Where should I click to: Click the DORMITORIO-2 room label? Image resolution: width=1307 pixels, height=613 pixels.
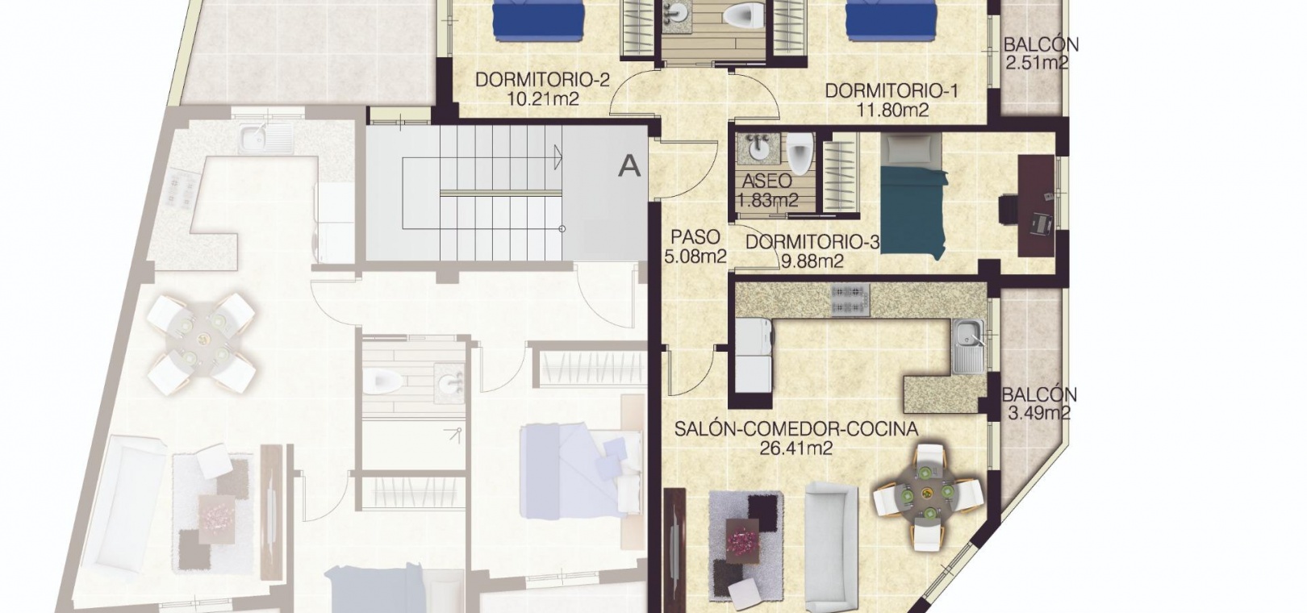(x=542, y=80)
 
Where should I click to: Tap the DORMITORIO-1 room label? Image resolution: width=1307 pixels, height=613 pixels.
(x=892, y=90)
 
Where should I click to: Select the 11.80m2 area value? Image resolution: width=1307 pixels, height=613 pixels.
(x=893, y=110)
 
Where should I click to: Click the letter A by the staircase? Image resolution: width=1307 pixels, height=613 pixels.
(x=629, y=167)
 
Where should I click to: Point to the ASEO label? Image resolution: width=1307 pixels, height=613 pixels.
(x=766, y=182)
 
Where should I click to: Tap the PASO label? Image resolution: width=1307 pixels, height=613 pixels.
(x=695, y=237)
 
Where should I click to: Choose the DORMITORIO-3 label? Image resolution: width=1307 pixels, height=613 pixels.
(x=812, y=242)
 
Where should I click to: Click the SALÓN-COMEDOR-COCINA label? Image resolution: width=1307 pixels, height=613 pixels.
(x=796, y=429)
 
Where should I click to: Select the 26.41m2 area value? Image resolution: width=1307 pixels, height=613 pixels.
(x=796, y=448)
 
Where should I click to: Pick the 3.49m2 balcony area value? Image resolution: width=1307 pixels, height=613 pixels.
(x=1039, y=414)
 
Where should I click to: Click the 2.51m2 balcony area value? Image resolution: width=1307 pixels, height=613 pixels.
(x=1038, y=62)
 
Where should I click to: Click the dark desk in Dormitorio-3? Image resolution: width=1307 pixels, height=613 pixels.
(x=1036, y=206)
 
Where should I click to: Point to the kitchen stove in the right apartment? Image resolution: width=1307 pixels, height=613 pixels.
(x=850, y=300)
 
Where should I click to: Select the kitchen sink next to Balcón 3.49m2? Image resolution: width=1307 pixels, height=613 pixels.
(x=968, y=347)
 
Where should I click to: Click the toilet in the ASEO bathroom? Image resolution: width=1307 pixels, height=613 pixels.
(x=800, y=153)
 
